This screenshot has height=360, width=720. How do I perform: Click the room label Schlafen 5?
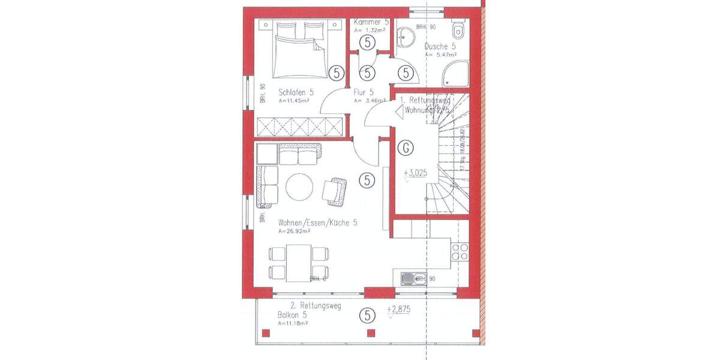[x=296, y=93]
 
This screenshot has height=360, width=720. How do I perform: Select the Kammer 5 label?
[x=371, y=22]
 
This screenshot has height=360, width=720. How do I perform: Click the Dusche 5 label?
[x=440, y=46]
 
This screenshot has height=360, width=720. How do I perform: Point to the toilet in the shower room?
[x=459, y=31]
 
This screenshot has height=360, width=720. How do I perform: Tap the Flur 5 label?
[x=364, y=92]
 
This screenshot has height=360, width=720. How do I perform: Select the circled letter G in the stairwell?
[x=407, y=147]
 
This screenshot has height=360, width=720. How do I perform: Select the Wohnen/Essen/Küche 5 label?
[x=317, y=223]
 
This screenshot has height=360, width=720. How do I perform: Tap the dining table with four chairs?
[x=298, y=262]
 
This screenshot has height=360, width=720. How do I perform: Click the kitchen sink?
[x=409, y=278]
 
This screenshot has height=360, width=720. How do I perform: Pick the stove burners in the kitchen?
[x=460, y=251]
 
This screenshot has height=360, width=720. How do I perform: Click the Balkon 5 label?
[x=292, y=315]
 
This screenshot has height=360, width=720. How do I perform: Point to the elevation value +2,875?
[x=401, y=310]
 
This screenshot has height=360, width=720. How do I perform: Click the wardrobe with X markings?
[x=299, y=127]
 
